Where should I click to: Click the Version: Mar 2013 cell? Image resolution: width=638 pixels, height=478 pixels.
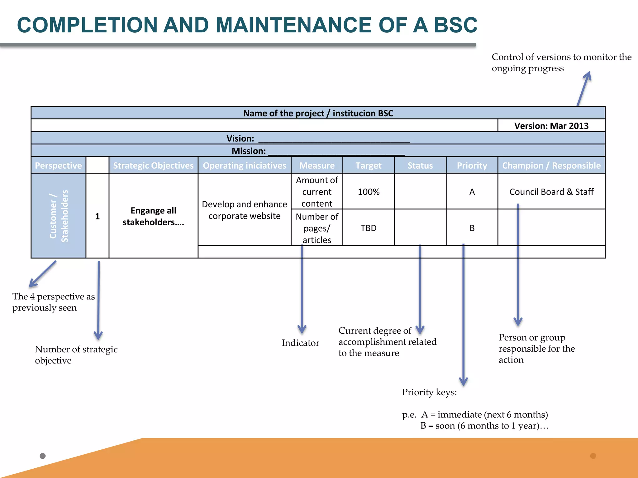click(551, 126)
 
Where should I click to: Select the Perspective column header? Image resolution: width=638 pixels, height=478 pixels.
click(58, 165)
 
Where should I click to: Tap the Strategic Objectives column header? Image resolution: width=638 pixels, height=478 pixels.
click(153, 165)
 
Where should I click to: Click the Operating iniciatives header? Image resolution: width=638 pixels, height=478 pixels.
click(245, 165)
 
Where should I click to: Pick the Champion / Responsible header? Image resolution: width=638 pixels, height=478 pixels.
click(551, 165)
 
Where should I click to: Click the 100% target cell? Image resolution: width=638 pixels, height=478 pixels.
click(369, 192)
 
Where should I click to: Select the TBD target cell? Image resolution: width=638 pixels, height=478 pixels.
click(369, 228)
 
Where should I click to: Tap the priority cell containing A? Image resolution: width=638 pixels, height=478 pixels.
click(472, 192)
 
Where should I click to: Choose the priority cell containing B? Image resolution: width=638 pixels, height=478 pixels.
click(472, 228)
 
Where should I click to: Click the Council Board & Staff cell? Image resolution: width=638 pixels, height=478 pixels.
click(551, 192)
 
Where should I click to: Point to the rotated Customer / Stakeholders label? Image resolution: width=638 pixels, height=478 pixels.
click(59, 216)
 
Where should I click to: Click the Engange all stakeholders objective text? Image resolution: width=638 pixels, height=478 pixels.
click(153, 216)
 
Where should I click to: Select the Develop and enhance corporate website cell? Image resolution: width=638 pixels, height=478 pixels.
click(245, 210)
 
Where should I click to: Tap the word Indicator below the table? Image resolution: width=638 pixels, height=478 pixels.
click(300, 343)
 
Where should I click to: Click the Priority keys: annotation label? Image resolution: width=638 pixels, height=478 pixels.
click(429, 392)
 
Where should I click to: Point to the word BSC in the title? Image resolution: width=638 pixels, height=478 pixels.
click(455, 25)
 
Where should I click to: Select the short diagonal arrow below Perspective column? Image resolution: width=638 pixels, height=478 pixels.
click(43, 274)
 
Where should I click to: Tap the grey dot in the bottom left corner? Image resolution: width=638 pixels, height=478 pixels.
click(43, 456)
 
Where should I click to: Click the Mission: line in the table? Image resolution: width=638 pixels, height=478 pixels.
click(318, 151)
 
